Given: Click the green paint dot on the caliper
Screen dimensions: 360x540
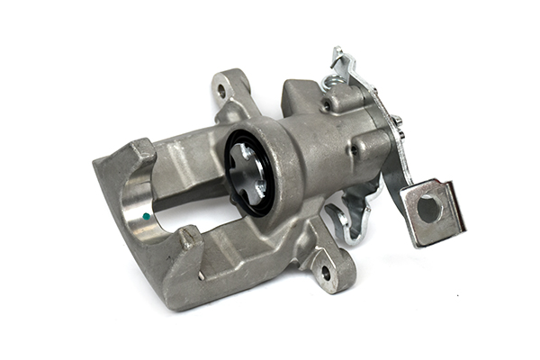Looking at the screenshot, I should tap(145, 218).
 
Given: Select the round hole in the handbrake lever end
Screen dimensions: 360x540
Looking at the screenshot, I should tap(429, 209).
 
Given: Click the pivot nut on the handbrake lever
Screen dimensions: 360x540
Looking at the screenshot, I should tap(396, 121).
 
